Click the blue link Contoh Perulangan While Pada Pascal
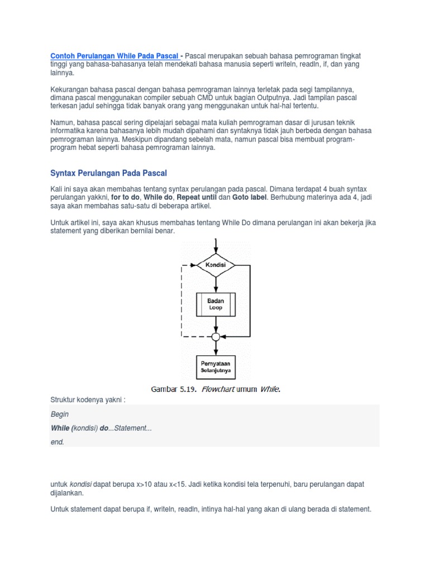[x=115, y=56]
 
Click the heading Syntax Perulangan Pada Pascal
[x=108, y=173]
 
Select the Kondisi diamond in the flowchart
[x=216, y=264]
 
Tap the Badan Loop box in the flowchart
[x=216, y=304]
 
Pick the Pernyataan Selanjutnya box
[x=216, y=367]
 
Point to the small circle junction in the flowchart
[x=216, y=337]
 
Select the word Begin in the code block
[x=60, y=415]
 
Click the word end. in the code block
[x=58, y=442]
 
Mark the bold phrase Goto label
[x=250, y=198]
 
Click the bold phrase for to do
[x=125, y=198]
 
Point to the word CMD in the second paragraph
[x=214, y=98]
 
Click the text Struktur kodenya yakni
[x=86, y=401]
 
